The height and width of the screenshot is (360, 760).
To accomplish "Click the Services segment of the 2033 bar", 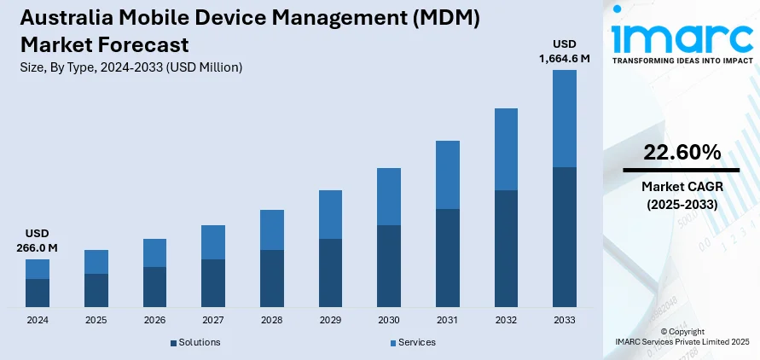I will click(x=564, y=119).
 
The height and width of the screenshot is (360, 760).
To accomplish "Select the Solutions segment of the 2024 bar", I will click(x=38, y=293).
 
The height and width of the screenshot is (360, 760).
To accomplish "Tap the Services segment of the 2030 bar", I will click(x=389, y=196).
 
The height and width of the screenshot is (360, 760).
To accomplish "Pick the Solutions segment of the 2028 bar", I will click(x=271, y=278).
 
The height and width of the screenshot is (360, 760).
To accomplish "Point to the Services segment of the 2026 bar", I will click(x=154, y=253).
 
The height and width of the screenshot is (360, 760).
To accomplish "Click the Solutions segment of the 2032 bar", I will click(x=506, y=248).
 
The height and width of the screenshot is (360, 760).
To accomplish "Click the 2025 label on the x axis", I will click(x=96, y=320).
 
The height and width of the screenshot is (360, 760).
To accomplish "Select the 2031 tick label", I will click(x=447, y=320).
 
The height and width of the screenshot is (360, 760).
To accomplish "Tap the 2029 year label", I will click(x=330, y=320).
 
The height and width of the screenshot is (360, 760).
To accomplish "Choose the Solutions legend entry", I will click(x=195, y=342).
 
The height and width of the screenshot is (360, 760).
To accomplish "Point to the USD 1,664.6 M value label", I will click(x=564, y=51).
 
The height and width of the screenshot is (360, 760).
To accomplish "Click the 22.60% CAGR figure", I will click(x=682, y=153).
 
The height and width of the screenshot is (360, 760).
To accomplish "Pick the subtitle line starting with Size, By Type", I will click(x=131, y=67).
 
